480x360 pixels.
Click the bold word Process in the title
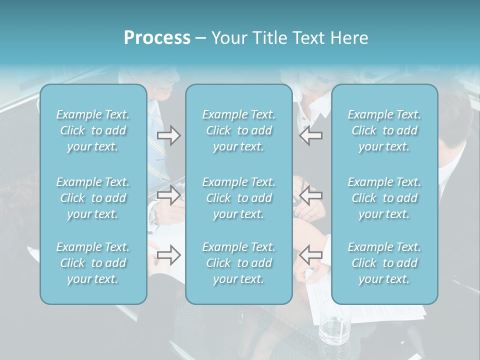(x=157, y=38)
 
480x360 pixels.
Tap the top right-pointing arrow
(x=168, y=135)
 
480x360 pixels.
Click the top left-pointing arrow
(x=310, y=135)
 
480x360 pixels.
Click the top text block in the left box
(x=93, y=130)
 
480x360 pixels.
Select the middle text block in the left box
(x=93, y=198)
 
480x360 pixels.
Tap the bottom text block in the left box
(x=93, y=263)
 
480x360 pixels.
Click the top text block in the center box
(x=238, y=130)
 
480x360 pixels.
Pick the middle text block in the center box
(x=238, y=198)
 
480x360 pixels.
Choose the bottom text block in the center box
(x=238, y=263)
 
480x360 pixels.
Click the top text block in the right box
(x=384, y=130)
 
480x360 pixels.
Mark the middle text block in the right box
(x=384, y=198)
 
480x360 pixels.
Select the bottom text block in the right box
(x=384, y=263)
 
